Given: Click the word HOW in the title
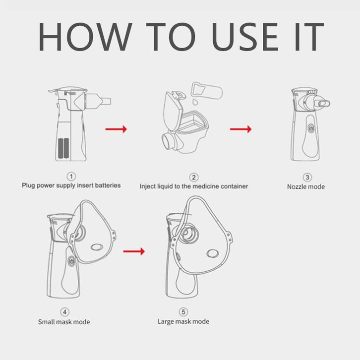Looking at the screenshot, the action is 85,37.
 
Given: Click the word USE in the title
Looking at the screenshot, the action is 245,37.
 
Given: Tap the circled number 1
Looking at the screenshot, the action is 71,177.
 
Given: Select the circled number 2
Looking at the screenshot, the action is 194,178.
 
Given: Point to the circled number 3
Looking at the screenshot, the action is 307,177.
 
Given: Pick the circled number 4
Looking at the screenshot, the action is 65,312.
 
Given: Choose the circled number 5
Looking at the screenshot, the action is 183,312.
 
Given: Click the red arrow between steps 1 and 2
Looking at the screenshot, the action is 116,129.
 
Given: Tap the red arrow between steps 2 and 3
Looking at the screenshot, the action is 240,129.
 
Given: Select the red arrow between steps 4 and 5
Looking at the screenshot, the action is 134,251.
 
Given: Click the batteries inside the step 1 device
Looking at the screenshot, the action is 63,148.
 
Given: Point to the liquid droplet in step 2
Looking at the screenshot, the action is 195,102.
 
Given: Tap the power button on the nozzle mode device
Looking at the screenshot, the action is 311,127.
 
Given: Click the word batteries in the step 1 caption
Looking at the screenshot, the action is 108,185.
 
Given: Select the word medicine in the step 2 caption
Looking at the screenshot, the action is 204,186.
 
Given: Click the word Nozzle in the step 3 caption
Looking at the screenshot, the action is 295,186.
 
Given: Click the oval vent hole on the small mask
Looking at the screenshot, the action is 96,247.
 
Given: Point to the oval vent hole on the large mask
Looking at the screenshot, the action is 212,253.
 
